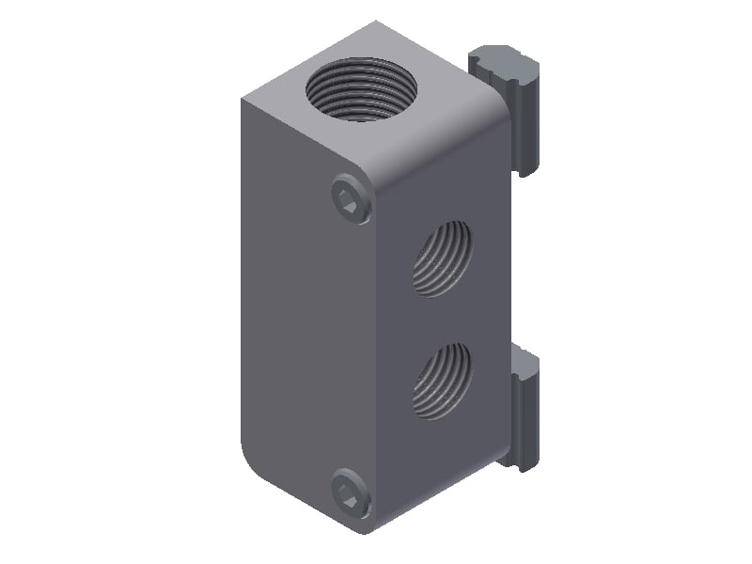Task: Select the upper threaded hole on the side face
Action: coord(441,259)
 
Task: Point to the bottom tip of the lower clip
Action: coord(520,463)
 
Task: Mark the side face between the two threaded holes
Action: coord(441,320)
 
